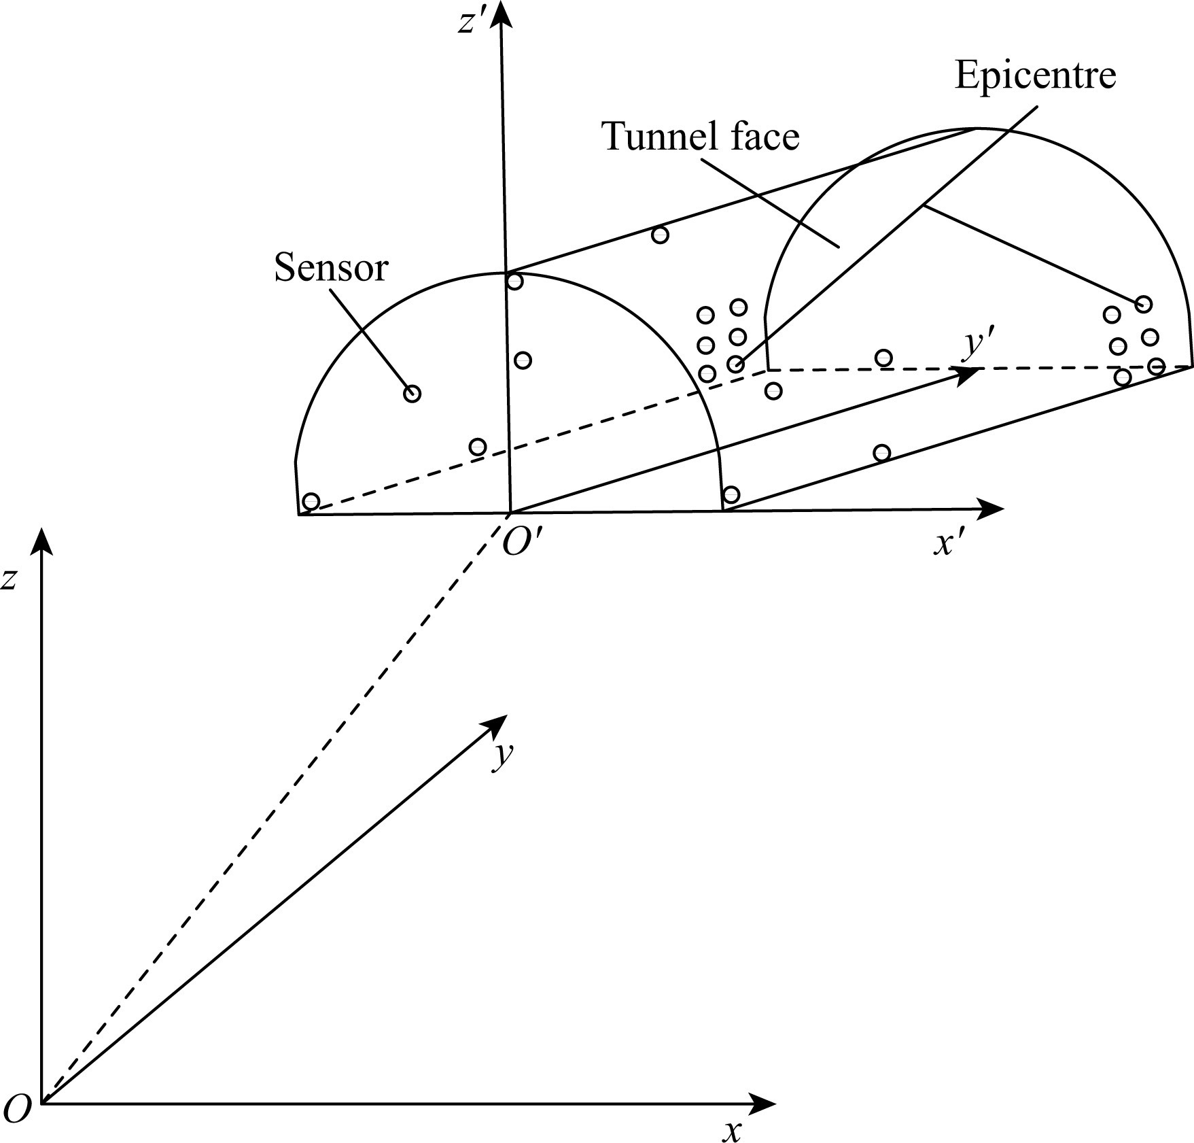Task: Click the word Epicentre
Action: coord(1035,75)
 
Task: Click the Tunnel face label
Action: coord(701,136)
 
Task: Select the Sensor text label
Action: coord(331,268)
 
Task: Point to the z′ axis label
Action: coord(471,22)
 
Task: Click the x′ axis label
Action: coord(949,543)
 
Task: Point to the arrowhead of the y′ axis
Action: coord(968,373)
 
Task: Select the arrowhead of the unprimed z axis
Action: coord(43,541)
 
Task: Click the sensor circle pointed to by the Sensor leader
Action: coord(412,394)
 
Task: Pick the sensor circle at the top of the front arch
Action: coord(515,282)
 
